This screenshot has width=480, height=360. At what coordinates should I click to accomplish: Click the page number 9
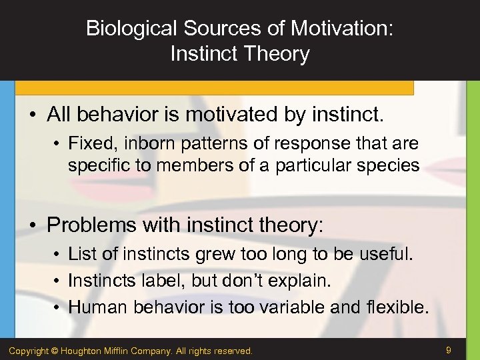(449, 349)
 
